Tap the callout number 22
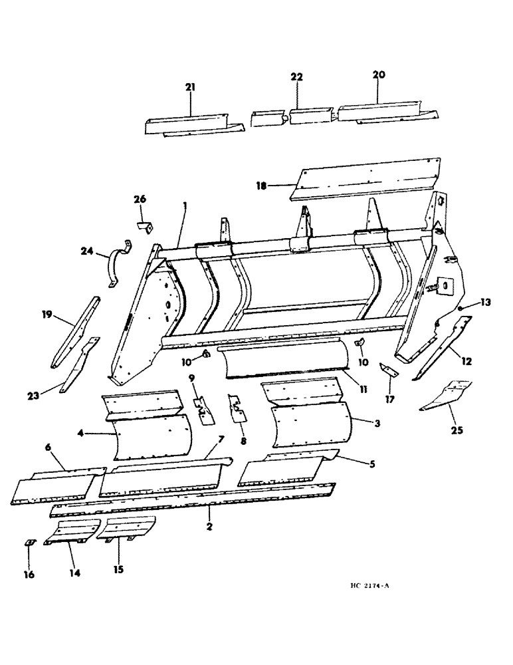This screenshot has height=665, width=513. click(296, 77)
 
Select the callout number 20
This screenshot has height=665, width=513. click(378, 75)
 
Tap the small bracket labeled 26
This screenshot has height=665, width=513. click(145, 226)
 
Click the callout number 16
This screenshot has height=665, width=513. click(29, 574)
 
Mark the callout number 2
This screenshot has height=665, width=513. click(209, 527)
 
